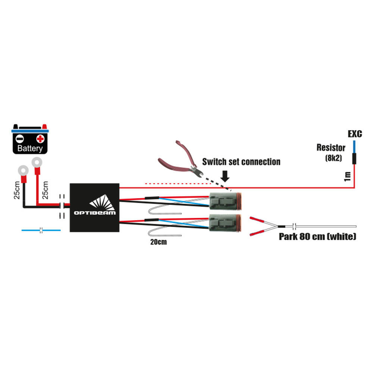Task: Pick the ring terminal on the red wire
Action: pos(37,162)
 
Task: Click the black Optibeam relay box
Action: pos(95,207)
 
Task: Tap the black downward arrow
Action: pos(225,176)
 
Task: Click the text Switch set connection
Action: pos(241,162)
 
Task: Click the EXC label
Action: pos(355,134)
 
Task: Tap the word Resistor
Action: pos(331,147)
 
